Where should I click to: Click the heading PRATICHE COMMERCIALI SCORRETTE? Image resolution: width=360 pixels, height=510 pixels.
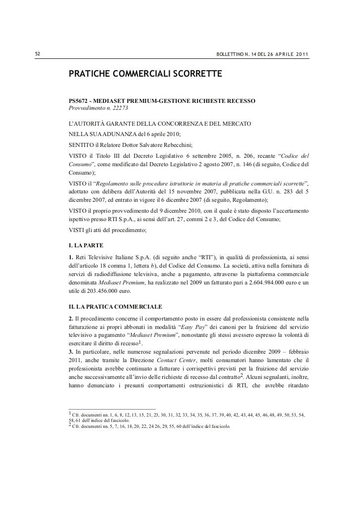(146, 74)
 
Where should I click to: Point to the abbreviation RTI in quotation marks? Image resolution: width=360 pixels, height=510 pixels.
(208, 257)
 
